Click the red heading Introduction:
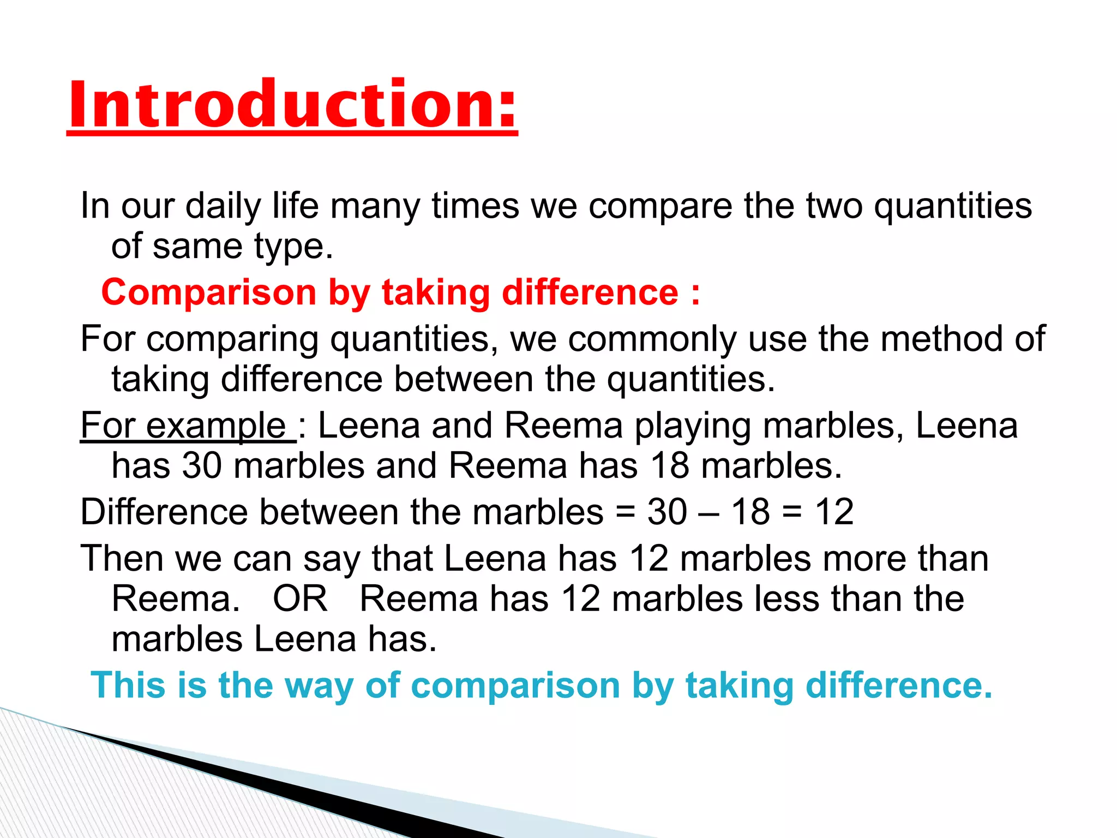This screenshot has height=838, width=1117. pos(292,105)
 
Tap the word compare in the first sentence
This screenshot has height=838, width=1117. pos(659,207)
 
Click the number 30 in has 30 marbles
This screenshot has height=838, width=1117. pos(202,466)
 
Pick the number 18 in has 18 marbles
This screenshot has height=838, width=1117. pos(670,466)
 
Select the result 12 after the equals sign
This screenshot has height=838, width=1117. pos(834,512)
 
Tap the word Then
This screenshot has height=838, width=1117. pos(122,559)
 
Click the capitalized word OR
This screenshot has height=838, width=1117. pos(300,599)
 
